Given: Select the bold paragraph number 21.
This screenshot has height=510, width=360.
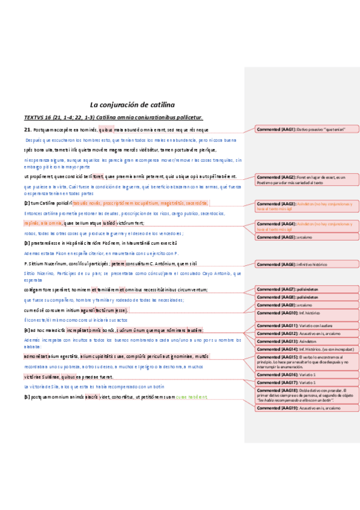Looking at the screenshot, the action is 27,130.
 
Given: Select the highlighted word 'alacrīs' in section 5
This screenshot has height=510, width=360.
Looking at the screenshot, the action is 91,397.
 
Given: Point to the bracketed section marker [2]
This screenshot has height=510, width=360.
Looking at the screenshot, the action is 27,203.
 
